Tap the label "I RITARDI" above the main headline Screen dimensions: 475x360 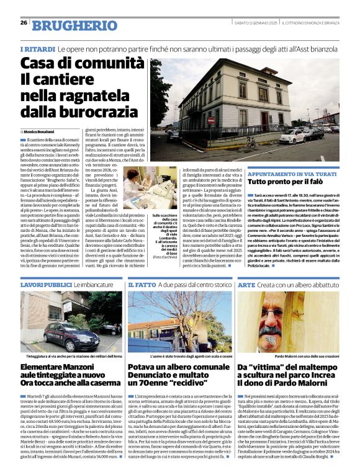(x=35, y=49)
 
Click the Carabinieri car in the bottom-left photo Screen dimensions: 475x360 (x=106, y=328)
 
